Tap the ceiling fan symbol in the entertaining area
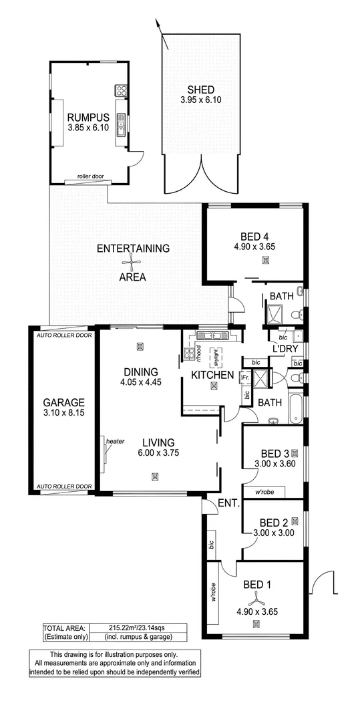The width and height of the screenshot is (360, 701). pyautogui.click(x=133, y=263)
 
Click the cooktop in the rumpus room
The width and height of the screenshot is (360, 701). pyautogui.click(x=122, y=90)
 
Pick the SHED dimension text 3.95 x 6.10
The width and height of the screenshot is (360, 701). pyautogui.click(x=200, y=100)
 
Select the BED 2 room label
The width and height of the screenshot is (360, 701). pyautogui.click(x=274, y=523)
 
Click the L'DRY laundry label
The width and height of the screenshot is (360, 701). pyautogui.click(x=285, y=349)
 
